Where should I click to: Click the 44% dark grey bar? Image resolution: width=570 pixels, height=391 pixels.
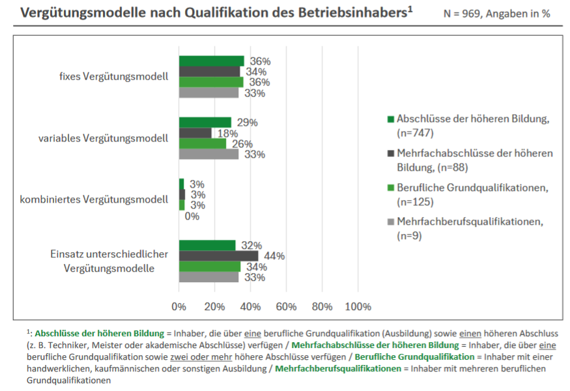tap(218, 256)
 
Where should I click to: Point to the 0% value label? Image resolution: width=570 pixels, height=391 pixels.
tap(192, 216)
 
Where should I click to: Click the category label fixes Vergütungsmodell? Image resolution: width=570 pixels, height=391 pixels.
tap(113, 76)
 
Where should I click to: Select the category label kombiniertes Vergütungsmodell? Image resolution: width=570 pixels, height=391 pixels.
tap(104, 199)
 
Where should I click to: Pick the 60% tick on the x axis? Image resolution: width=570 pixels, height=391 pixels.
tap(286, 306)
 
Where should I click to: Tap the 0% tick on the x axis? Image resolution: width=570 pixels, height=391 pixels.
tap(178, 306)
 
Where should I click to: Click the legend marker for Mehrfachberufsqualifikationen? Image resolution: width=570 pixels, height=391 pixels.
tap(391, 222)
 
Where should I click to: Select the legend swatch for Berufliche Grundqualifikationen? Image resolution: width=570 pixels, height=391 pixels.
tap(391, 188)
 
